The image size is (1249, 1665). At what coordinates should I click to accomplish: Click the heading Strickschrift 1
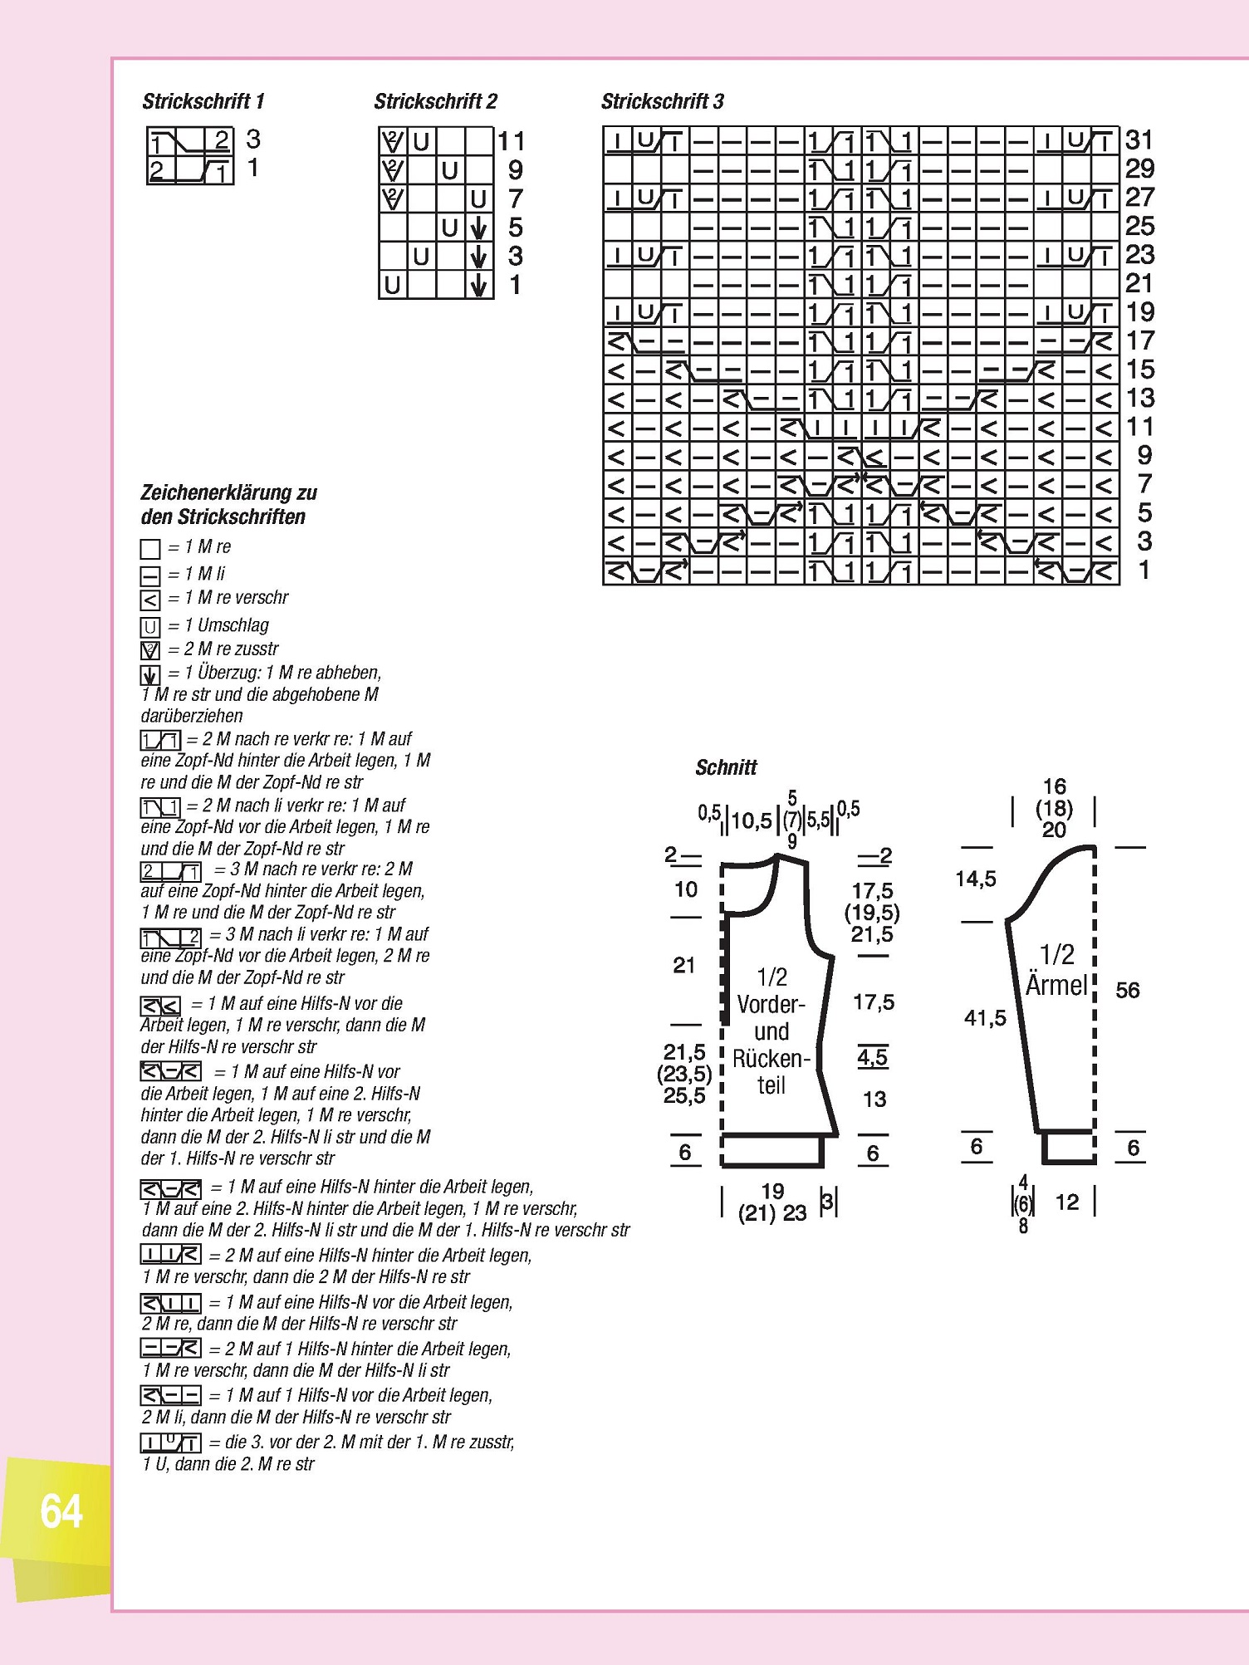[x=203, y=101]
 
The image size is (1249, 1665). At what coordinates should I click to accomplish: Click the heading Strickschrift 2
[x=435, y=101]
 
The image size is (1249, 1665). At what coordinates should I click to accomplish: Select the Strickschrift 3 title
[x=662, y=101]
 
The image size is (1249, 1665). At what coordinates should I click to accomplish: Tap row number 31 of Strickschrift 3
[x=1139, y=140]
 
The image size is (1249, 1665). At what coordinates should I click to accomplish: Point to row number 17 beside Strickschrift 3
[x=1139, y=340]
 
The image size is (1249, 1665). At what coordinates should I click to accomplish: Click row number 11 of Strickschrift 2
[x=512, y=141]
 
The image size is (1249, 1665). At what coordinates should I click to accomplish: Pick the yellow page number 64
[x=61, y=1511]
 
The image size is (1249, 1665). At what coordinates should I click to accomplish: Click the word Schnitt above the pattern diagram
[x=726, y=767]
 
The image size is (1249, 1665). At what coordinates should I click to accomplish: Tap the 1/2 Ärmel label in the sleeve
[x=1056, y=970]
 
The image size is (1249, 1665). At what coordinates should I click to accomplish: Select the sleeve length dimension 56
[x=1127, y=990]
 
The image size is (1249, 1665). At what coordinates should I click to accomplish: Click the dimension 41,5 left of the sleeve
[x=985, y=1017]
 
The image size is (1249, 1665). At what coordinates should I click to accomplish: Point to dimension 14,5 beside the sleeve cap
[x=976, y=879]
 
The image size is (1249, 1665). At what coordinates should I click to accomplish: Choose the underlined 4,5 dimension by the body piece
[x=872, y=1057]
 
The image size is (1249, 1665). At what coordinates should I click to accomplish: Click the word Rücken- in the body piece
[x=771, y=1059]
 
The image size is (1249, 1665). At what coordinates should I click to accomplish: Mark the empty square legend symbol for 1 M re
[x=150, y=549]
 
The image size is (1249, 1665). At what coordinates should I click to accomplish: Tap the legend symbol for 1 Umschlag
[x=150, y=627]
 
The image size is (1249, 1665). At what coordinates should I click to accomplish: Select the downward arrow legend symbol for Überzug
[x=150, y=675]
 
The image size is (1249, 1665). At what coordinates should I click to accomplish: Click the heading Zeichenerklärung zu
[x=228, y=492]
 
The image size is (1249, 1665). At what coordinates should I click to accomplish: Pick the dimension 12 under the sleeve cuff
[x=1067, y=1202]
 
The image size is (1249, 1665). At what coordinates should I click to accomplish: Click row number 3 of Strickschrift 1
[x=253, y=139]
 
